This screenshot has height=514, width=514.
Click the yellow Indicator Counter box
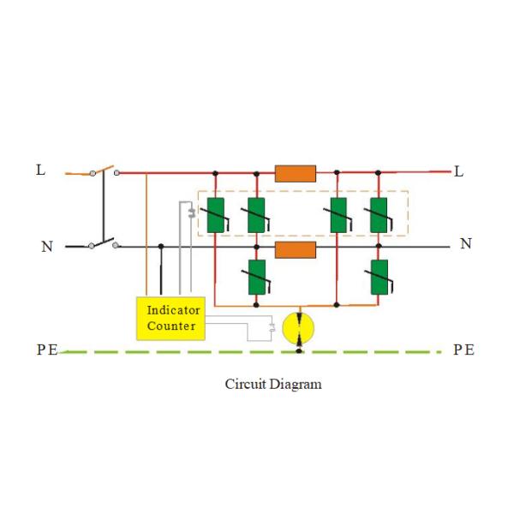pyautogui.click(x=172, y=318)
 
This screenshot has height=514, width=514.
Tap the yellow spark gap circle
pyautogui.click(x=298, y=329)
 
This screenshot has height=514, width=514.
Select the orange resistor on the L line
pyautogui.click(x=296, y=173)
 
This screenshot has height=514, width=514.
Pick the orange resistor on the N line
pyautogui.click(x=296, y=249)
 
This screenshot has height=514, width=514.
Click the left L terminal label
pyautogui.click(x=40, y=170)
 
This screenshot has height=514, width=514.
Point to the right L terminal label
pyautogui.click(x=458, y=171)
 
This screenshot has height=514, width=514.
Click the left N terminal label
pyautogui.click(x=47, y=247)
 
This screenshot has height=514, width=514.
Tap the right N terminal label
pyautogui.click(x=465, y=243)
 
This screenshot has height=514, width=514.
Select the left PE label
pyautogui.click(x=47, y=350)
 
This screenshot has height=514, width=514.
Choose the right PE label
pyautogui.click(x=463, y=350)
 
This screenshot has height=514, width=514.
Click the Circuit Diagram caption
pyautogui.click(x=273, y=384)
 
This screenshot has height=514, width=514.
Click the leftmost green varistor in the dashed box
pyautogui.click(x=215, y=215)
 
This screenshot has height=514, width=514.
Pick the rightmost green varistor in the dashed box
pyautogui.click(x=379, y=215)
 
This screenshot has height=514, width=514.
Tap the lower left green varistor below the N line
pyautogui.click(x=256, y=277)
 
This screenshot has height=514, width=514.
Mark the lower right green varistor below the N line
pyautogui.click(x=379, y=277)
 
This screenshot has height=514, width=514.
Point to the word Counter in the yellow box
pyautogui.click(x=171, y=326)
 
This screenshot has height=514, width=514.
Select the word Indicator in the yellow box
pyautogui.click(x=173, y=310)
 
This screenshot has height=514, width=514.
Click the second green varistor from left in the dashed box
pyautogui.click(x=256, y=215)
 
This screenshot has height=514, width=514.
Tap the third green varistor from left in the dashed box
pyautogui.click(x=338, y=215)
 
